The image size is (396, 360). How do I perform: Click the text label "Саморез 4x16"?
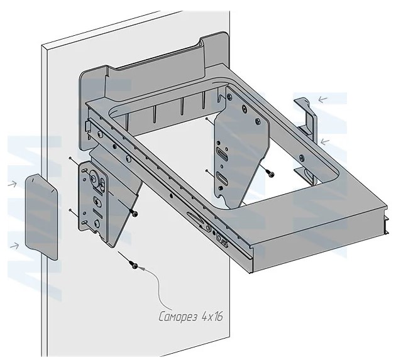coord(190,317)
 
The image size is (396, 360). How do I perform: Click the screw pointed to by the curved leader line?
coord(134,266)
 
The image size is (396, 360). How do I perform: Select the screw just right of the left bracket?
coord(135,215)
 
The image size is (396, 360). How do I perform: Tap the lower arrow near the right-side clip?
coord(323,141)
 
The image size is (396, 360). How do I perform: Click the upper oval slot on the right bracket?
coord(221,153)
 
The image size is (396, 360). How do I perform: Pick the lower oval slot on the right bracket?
coord(221,178)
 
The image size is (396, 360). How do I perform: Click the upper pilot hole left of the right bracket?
coord(207,118)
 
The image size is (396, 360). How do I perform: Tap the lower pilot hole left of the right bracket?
coord(207,170)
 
